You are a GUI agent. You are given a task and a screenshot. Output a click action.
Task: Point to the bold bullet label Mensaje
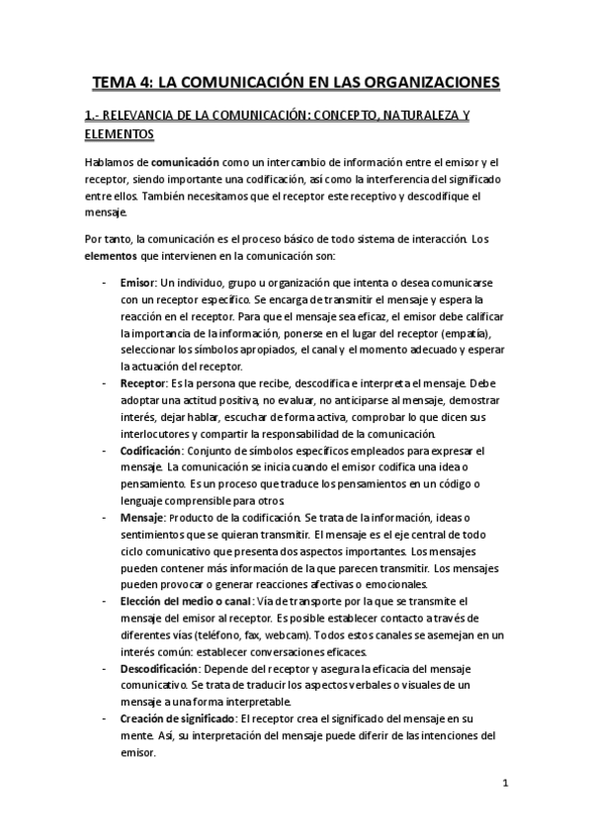tap(143, 517)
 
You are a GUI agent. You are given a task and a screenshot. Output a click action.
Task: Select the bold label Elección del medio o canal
tap(185, 601)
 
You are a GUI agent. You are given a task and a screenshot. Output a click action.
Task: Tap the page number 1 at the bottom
tap(504, 786)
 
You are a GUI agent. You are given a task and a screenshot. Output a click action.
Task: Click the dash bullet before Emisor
tap(106, 282)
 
